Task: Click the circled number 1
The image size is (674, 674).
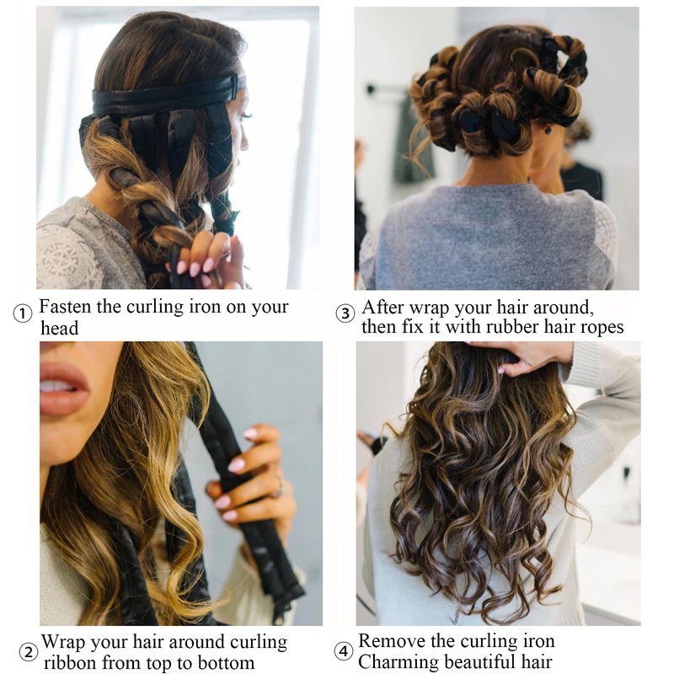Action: pyautogui.click(x=23, y=313)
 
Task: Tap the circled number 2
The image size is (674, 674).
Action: pyautogui.click(x=29, y=652)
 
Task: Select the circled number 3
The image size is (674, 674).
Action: pyautogui.click(x=345, y=313)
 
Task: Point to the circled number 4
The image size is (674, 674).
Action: pyautogui.click(x=344, y=651)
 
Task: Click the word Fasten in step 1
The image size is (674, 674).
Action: pyautogui.click(x=66, y=307)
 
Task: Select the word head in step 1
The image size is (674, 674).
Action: pyautogui.click(x=60, y=328)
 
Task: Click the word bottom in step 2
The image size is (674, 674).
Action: pyautogui.click(x=226, y=662)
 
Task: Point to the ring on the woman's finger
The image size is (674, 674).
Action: pyautogui.click(x=280, y=486)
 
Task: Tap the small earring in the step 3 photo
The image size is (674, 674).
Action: pyautogui.click(x=548, y=129)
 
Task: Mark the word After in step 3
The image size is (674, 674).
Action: pyautogui.click(x=382, y=308)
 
